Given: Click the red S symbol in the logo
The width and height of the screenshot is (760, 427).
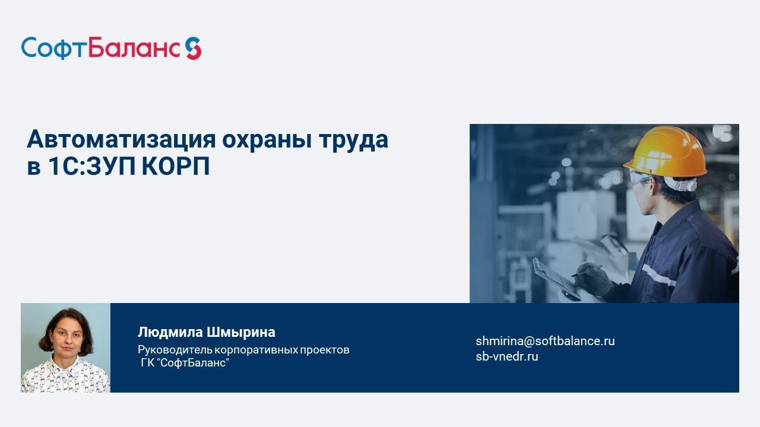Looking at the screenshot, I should [x=193, y=48].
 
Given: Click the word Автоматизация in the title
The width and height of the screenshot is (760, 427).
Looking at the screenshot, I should [x=120, y=140].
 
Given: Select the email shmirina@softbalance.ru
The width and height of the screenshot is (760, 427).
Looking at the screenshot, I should [x=545, y=341].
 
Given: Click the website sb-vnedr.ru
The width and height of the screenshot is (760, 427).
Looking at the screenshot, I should [x=506, y=356].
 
